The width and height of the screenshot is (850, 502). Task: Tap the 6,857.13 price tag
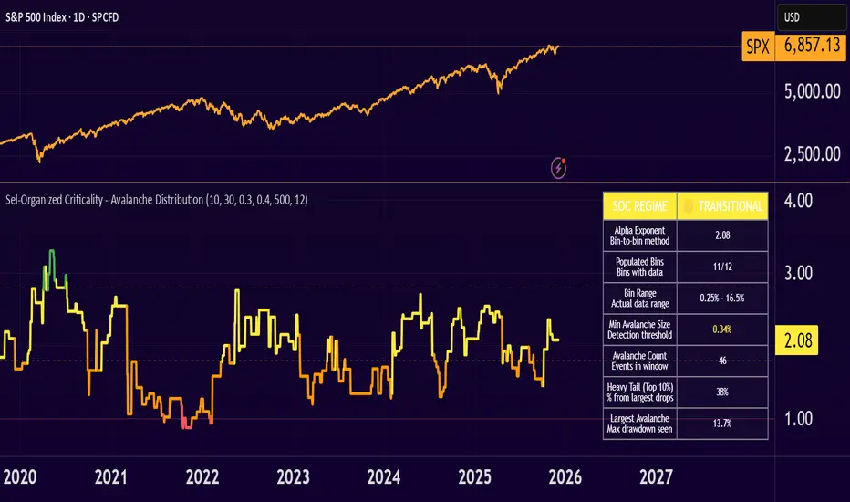(807, 45)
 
